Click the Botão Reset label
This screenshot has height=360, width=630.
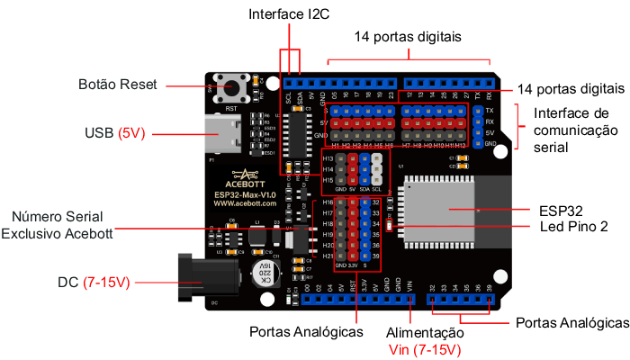coord(118,85)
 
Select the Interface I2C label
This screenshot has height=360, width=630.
coord(290,15)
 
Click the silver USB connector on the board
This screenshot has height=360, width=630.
coord(225,135)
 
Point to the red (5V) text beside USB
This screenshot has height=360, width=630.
coord(132,133)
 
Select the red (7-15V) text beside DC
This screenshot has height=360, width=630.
coord(107,283)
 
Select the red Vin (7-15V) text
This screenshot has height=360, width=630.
coord(424,349)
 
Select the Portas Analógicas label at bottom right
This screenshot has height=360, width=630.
coord(571,322)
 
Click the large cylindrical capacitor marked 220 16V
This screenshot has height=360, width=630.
coord(260,273)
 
